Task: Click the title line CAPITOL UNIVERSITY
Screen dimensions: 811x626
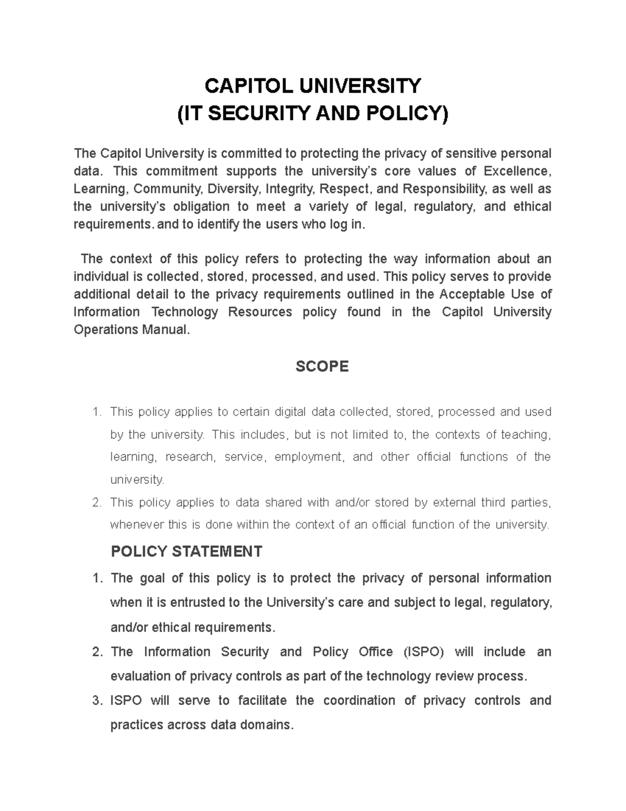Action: (312, 86)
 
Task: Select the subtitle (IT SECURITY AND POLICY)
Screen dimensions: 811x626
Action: (312, 113)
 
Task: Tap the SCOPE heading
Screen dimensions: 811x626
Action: (322, 367)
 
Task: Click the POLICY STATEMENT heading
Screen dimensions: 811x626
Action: (186, 551)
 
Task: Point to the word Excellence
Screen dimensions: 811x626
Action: (516, 171)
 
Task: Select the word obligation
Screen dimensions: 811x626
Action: (201, 206)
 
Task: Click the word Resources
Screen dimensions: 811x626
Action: (260, 312)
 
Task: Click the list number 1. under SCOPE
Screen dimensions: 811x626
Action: (96, 412)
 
